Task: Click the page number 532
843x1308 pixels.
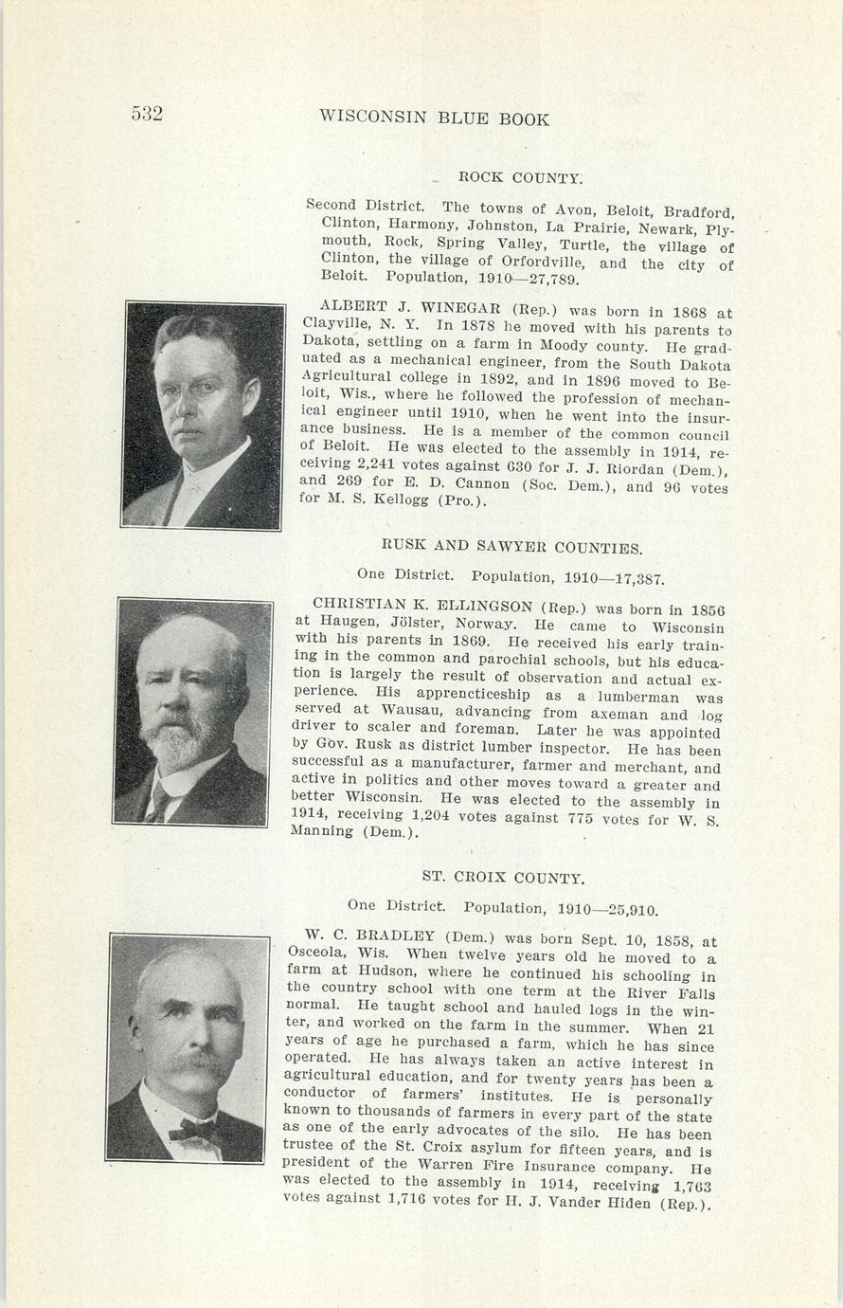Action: coord(147,115)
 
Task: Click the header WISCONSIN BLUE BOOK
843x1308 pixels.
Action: coord(435,118)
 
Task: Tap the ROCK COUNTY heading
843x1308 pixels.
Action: coord(520,177)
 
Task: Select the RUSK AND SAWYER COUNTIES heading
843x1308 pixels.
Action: coord(511,547)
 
